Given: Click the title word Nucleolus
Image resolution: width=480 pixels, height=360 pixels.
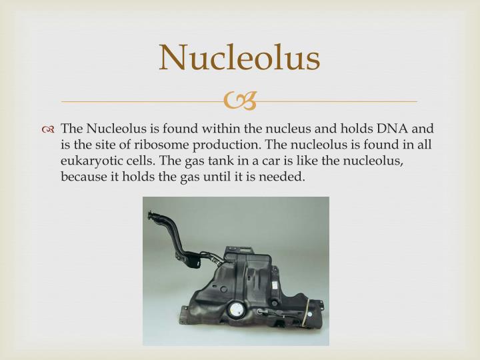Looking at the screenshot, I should [239, 58].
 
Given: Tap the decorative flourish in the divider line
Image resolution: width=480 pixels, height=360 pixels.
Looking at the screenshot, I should [239, 101].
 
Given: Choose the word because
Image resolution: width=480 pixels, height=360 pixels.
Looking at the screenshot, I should [82, 178].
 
